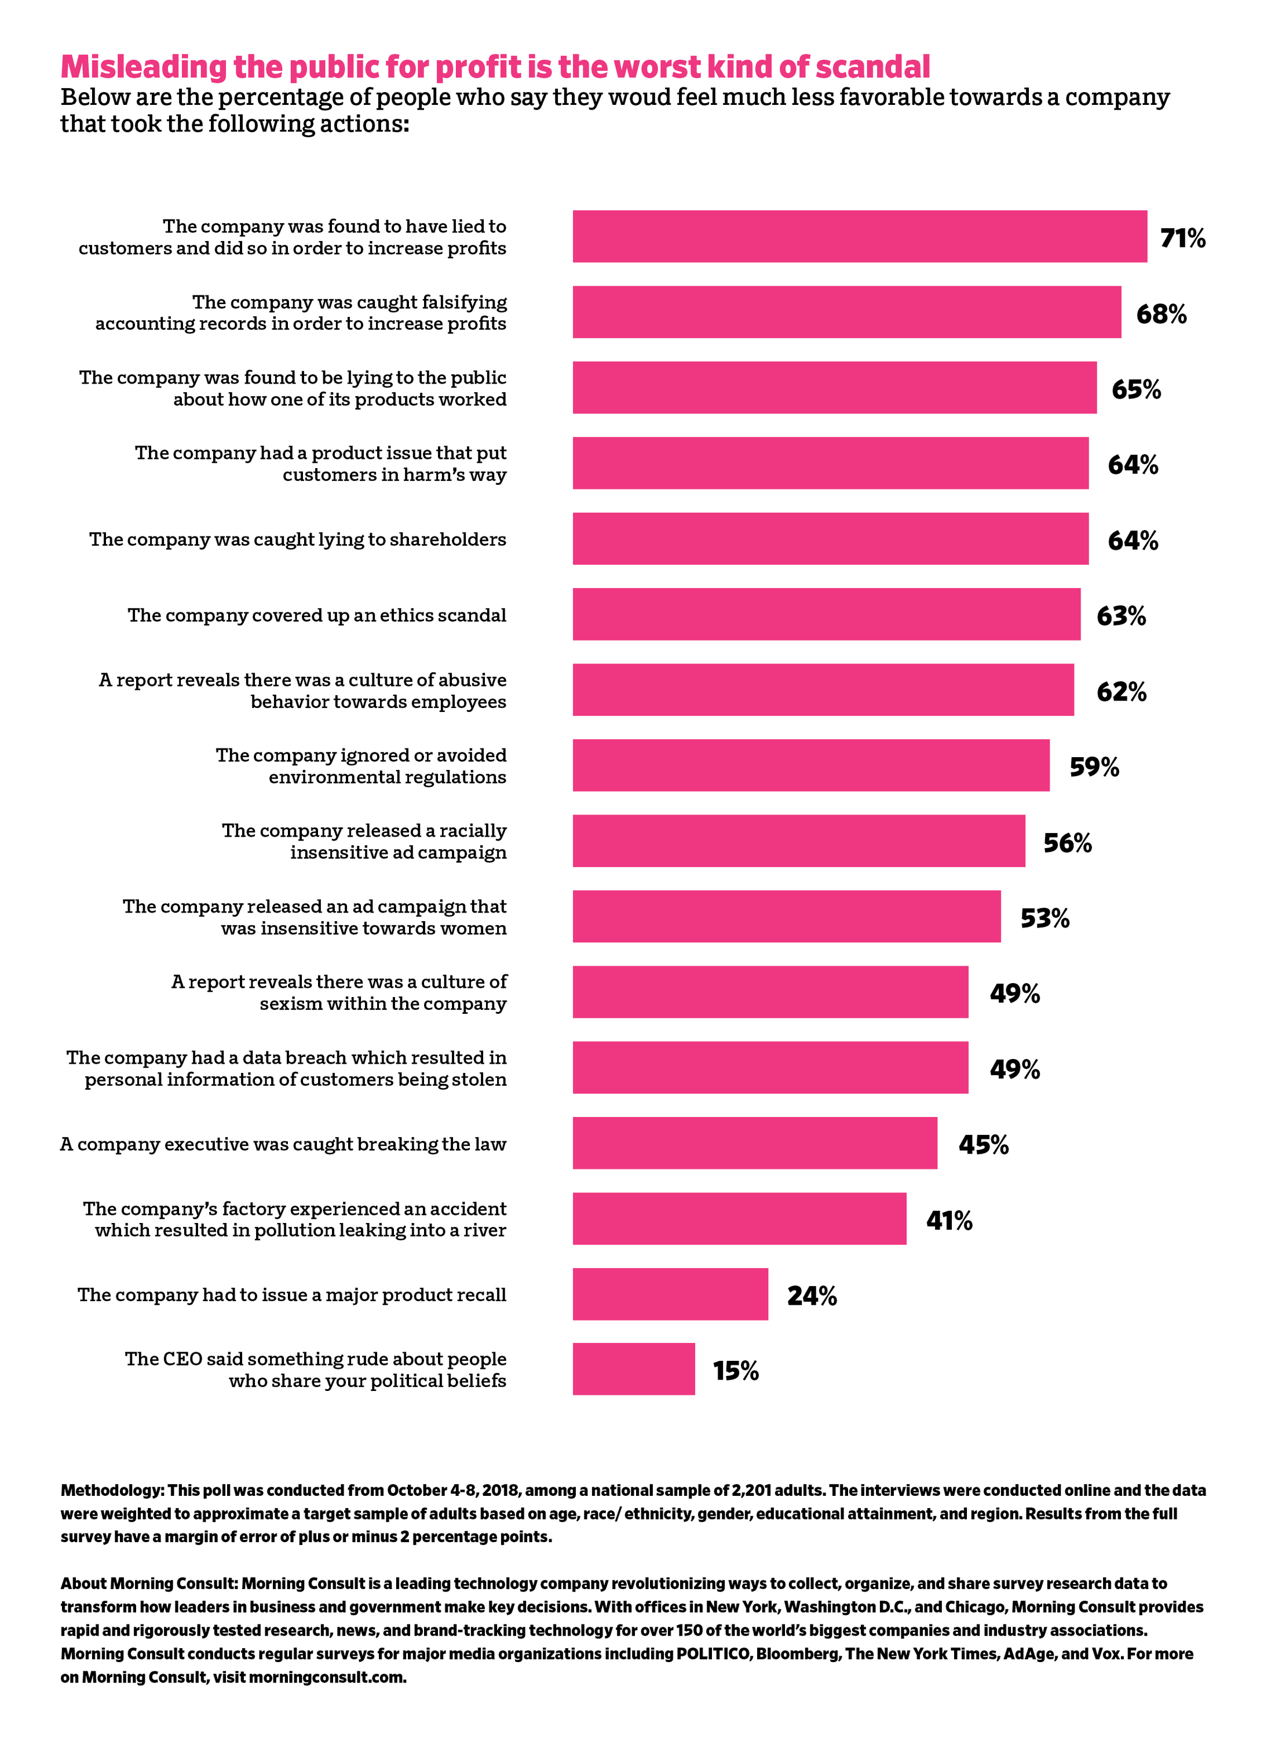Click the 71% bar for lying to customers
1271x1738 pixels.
tap(859, 236)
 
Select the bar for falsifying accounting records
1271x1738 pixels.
tap(846, 312)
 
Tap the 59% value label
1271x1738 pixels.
tap(1093, 766)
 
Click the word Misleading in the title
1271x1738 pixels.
tap(144, 67)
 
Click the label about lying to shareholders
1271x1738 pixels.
tap(297, 539)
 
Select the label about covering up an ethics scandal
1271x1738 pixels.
tap(316, 615)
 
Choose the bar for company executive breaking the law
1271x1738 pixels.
tap(754, 1142)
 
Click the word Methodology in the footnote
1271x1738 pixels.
tap(111, 1490)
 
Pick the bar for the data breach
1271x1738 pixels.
tap(769, 1067)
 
